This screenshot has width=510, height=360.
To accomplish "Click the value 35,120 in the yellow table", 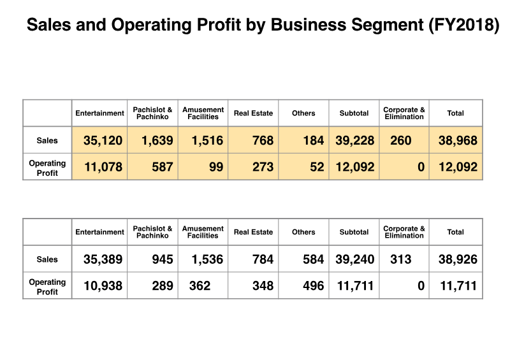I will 103,140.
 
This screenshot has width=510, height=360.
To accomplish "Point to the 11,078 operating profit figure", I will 103,167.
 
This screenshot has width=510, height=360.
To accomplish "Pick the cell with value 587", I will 162,167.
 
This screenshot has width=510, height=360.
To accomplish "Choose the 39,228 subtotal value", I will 354,140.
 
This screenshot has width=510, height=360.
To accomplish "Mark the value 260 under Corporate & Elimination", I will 400,140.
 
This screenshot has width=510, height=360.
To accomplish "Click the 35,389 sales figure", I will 103,259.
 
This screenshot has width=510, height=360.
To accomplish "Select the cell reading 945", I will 162,259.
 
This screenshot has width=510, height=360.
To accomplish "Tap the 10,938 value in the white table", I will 103,286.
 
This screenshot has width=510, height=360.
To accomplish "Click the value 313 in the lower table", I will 400,259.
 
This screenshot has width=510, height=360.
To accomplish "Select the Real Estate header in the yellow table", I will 253,113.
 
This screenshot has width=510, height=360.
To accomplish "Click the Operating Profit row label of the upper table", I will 47,167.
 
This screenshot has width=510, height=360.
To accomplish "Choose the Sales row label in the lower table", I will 47,259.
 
